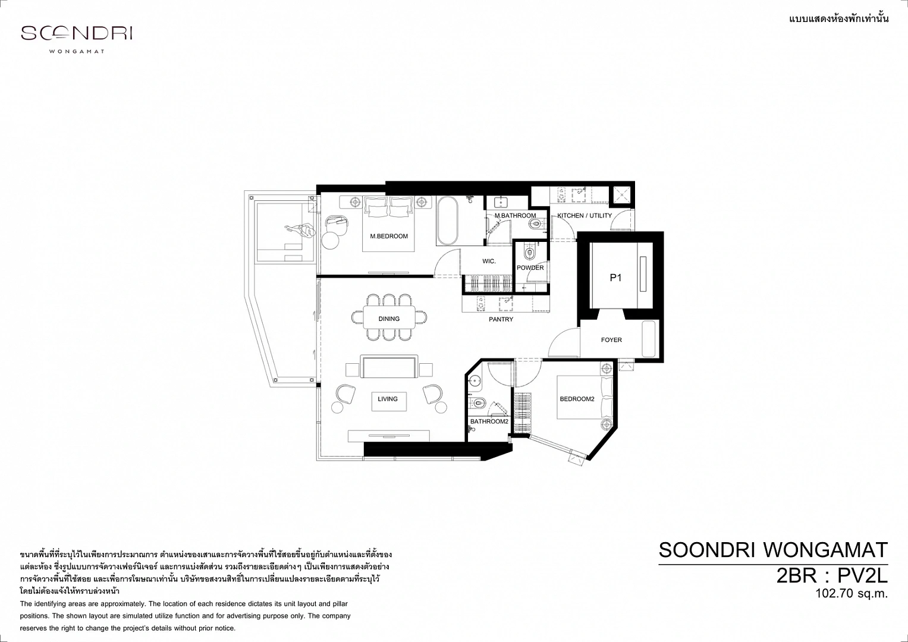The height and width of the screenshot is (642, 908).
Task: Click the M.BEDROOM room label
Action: [389, 237]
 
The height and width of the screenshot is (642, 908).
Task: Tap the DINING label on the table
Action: [389, 319]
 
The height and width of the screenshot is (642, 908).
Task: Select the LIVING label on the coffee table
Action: [388, 399]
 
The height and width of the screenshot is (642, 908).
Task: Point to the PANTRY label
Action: [501, 319]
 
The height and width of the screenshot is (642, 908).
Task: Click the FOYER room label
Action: [611, 340]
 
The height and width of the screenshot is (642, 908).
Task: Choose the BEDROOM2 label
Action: [577, 399]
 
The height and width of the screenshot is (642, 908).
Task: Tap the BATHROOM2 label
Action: [489, 421]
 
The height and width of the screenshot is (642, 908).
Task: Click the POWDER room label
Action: [530, 268]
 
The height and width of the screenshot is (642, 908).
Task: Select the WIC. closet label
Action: [489, 262]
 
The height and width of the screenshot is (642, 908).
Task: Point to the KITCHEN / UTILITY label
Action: [585, 216]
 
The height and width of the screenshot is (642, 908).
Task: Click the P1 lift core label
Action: [615, 278]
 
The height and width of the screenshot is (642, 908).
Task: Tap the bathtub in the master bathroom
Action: [447, 221]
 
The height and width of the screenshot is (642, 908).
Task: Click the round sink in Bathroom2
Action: [475, 381]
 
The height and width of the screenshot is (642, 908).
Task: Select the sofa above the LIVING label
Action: [389, 366]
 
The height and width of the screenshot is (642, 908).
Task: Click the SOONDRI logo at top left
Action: [77, 33]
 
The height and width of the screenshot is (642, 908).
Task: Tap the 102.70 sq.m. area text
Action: [852, 594]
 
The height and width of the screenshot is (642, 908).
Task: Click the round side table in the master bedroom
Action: [330, 240]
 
